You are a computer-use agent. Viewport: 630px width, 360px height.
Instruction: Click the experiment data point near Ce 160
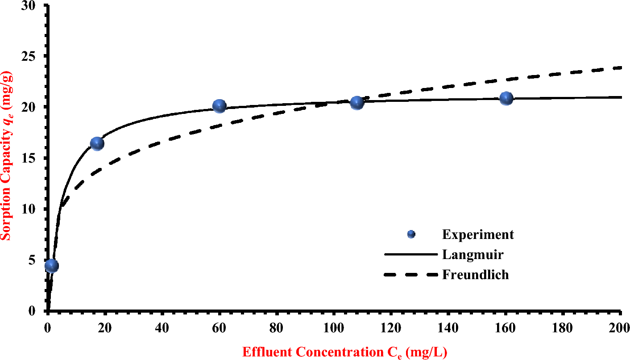[506, 98]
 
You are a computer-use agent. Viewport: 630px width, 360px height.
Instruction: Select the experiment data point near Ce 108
[356, 103]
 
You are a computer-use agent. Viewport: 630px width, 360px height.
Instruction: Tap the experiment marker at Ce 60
[219, 106]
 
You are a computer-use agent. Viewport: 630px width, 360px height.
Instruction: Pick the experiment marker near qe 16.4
[97, 143]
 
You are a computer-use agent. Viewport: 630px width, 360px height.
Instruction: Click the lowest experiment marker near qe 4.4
[51, 266]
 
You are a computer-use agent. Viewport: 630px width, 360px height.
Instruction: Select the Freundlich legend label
[475, 274]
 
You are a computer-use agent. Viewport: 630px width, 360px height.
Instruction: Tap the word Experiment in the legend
[478, 234]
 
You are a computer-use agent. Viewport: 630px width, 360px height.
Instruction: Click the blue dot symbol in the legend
[411, 234]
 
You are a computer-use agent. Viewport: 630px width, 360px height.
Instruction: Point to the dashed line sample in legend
[410, 275]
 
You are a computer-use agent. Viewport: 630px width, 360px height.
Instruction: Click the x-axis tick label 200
[620, 327]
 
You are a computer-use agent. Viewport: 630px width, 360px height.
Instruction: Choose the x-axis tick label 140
[448, 327]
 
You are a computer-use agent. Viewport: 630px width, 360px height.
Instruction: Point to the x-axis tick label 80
[276, 327]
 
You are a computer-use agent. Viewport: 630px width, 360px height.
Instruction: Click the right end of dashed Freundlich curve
[621, 67]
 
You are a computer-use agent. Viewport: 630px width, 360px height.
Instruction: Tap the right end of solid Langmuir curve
[621, 97]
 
